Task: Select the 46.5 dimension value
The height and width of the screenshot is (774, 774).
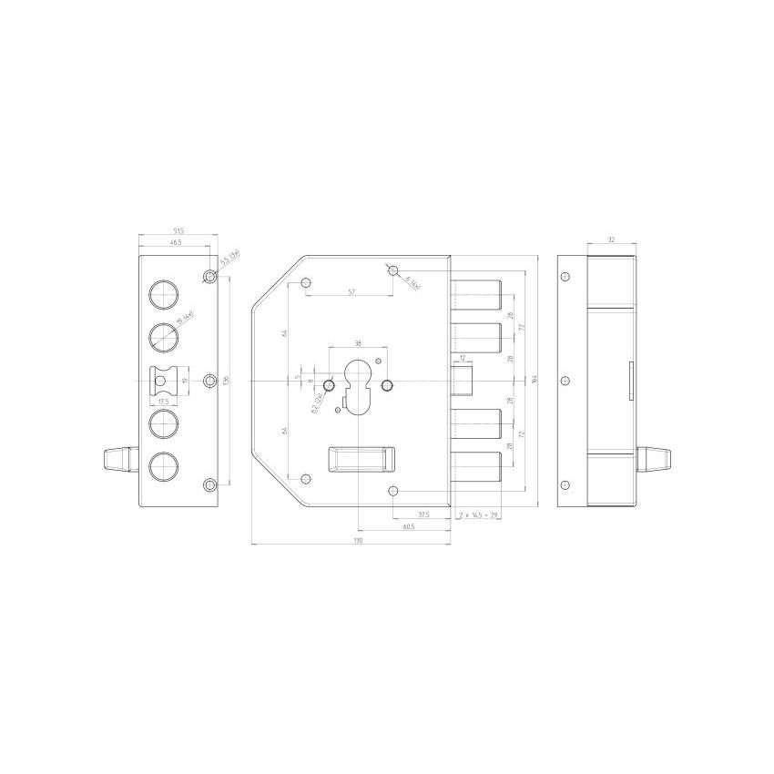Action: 174,243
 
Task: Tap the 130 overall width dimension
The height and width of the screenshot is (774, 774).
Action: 358,541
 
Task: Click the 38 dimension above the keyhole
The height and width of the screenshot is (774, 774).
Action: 358,343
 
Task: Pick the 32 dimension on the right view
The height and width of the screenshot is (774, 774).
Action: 611,240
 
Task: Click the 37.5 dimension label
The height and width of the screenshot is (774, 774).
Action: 424,514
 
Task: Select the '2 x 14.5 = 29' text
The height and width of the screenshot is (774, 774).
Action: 480,515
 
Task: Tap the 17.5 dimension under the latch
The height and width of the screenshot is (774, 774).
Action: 164,401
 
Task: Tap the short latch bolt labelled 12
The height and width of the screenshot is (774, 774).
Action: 464,379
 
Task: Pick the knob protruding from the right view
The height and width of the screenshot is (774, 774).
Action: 652,454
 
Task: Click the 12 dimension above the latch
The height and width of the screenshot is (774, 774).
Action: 463,357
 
